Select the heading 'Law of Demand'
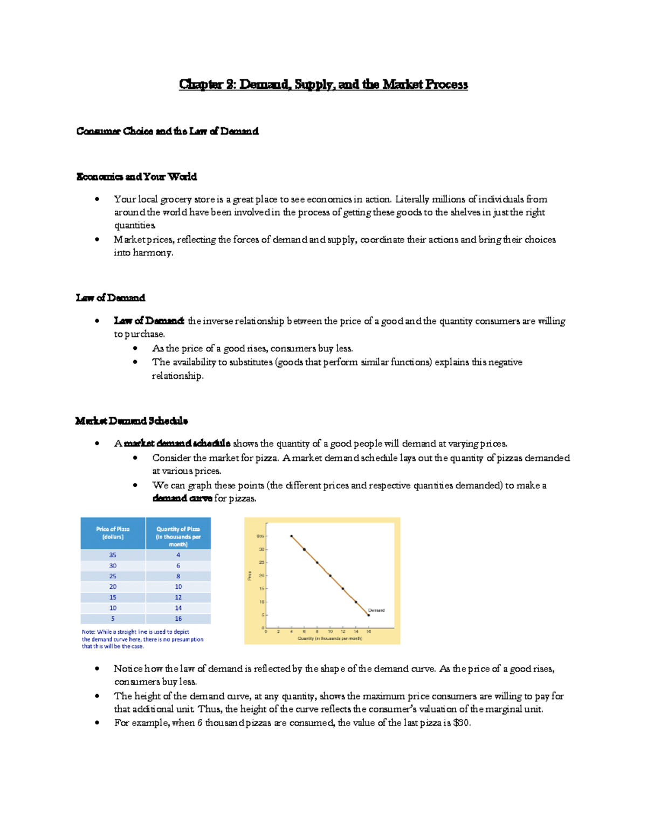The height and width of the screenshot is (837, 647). pyautogui.click(x=111, y=298)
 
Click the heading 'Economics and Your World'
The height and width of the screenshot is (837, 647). pyautogui.click(x=136, y=177)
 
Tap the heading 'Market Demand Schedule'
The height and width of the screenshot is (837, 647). pyautogui.click(x=132, y=421)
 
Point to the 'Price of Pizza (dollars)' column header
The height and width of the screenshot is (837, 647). pyautogui.click(x=113, y=533)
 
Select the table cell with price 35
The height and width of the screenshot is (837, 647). pyautogui.click(x=113, y=555)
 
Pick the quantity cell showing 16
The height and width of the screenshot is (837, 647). pyautogui.click(x=178, y=619)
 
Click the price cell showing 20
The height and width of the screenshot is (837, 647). pyautogui.click(x=113, y=587)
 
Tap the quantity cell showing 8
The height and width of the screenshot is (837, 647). pyautogui.click(x=178, y=576)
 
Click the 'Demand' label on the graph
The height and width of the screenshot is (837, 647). pyautogui.click(x=376, y=611)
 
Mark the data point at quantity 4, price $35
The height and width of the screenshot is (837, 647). pyautogui.click(x=292, y=536)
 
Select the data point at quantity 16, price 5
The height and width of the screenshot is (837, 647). pyautogui.click(x=369, y=615)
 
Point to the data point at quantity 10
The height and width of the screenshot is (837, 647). pyautogui.click(x=330, y=576)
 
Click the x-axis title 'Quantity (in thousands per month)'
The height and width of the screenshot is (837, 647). pyautogui.click(x=330, y=639)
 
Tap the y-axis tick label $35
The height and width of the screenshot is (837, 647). pyautogui.click(x=260, y=536)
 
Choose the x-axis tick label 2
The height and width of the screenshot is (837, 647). pyautogui.click(x=278, y=632)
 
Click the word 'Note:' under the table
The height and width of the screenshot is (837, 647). pyautogui.click(x=88, y=632)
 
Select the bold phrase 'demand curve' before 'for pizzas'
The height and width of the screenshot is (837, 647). pyautogui.click(x=182, y=499)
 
